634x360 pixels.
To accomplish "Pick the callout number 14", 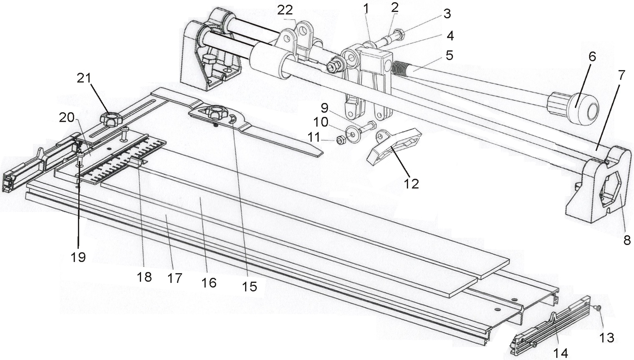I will [560, 353].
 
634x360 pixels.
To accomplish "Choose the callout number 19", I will [78, 257].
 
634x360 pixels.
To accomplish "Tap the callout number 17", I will [175, 278].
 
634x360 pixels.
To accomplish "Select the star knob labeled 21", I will [111, 118].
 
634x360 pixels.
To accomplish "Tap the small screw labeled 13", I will [598, 308].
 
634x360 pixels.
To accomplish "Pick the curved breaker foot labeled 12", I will [392, 146].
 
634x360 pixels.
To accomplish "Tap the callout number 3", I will [447, 14].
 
